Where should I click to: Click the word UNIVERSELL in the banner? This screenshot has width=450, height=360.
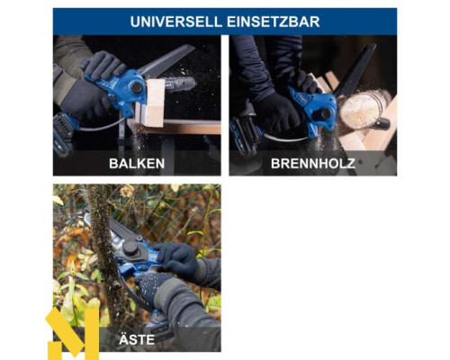[x=176, y=22]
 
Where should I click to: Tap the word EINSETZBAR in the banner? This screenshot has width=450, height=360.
[x=274, y=22]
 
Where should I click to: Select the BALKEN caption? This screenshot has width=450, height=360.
[x=137, y=164]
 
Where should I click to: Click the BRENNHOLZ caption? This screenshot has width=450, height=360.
[x=313, y=164]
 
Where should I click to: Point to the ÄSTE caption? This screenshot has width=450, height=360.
[x=137, y=339]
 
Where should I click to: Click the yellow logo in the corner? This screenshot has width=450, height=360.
[x=73, y=334]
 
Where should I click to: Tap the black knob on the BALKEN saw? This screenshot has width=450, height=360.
[x=137, y=87]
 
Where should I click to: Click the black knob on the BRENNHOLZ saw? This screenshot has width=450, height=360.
[x=326, y=113]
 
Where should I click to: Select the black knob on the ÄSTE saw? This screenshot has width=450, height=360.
[x=130, y=247]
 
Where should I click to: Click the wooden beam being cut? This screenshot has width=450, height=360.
[x=154, y=102]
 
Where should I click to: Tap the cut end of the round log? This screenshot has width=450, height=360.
[x=361, y=110]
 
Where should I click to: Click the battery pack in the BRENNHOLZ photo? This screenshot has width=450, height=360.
[x=244, y=136]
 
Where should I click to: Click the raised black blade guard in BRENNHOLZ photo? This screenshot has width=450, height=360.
[x=356, y=69]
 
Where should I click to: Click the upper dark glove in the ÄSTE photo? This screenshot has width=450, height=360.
[x=177, y=256]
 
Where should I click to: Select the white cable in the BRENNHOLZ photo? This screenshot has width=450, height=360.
[x=285, y=139]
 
